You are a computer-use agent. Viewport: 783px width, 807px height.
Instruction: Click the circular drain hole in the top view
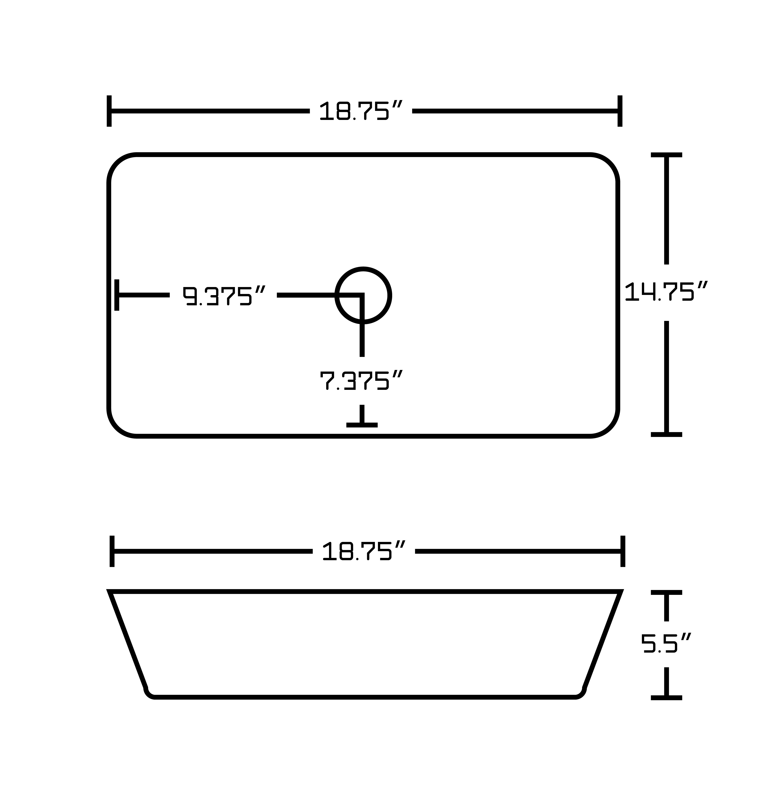(x=363, y=296)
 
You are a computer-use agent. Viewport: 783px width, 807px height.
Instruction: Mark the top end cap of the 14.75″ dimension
(x=667, y=155)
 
